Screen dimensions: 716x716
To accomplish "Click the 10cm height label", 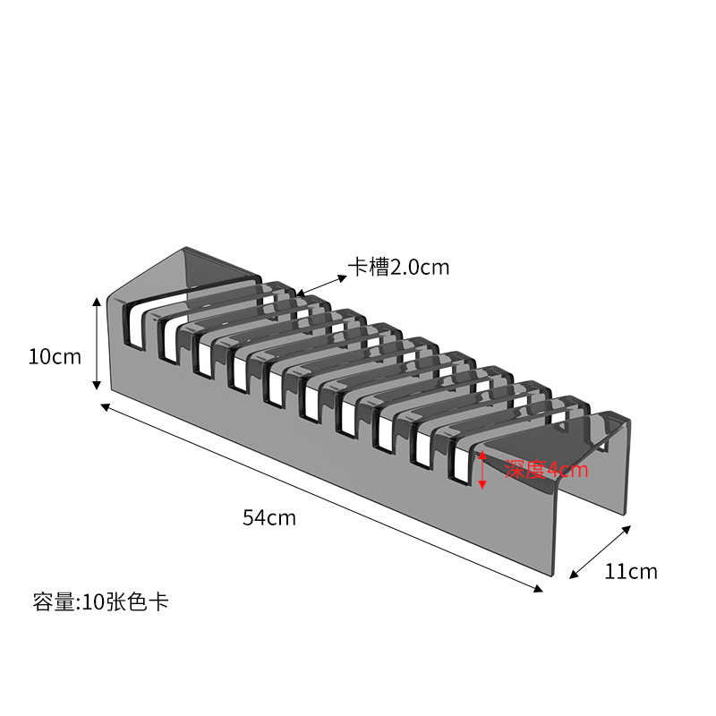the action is [x=55, y=357].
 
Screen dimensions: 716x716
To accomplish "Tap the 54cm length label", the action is [x=268, y=517].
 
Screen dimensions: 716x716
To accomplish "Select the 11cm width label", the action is [x=630, y=571].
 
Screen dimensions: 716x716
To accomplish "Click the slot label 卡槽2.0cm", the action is [x=398, y=267].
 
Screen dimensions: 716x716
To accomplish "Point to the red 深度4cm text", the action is [x=546, y=470].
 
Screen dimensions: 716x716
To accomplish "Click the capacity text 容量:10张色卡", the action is [x=100, y=601].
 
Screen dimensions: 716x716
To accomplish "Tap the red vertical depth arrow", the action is [x=482, y=470].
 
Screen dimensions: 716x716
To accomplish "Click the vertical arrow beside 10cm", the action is [x=97, y=344].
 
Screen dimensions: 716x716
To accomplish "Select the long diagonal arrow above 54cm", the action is [x=322, y=498].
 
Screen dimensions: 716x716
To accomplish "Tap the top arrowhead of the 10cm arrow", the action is [x=97, y=302].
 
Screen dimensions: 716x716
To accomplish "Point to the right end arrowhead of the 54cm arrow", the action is [x=539, y=589].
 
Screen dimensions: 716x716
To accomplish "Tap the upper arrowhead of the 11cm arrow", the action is [x=627, y=530].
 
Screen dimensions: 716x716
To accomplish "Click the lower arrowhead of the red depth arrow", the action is [x=482, y=485].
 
